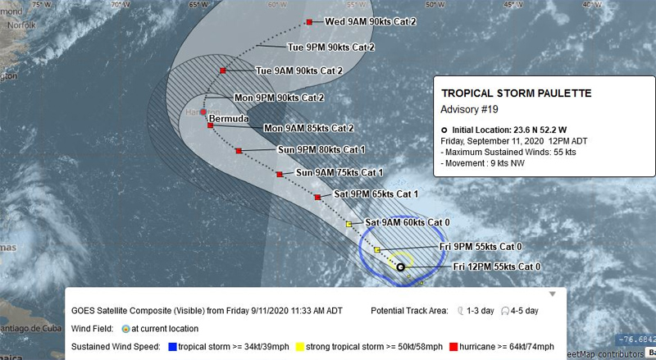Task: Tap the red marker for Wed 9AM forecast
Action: [x=309, y=22]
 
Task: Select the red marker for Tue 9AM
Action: [x=223, y=71]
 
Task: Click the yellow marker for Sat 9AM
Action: [x=348, y=224]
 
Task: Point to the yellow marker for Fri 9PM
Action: [x=376, y=248]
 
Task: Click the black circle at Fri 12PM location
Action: [x=400, y=267]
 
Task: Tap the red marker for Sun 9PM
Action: [x=239, y=151]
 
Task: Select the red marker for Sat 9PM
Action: [x=317, y=197]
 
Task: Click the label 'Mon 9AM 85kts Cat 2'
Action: [x=308, y=129]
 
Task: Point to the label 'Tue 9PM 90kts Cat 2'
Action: [x=330, y=48]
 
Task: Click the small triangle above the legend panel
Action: [x=553, y=293]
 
